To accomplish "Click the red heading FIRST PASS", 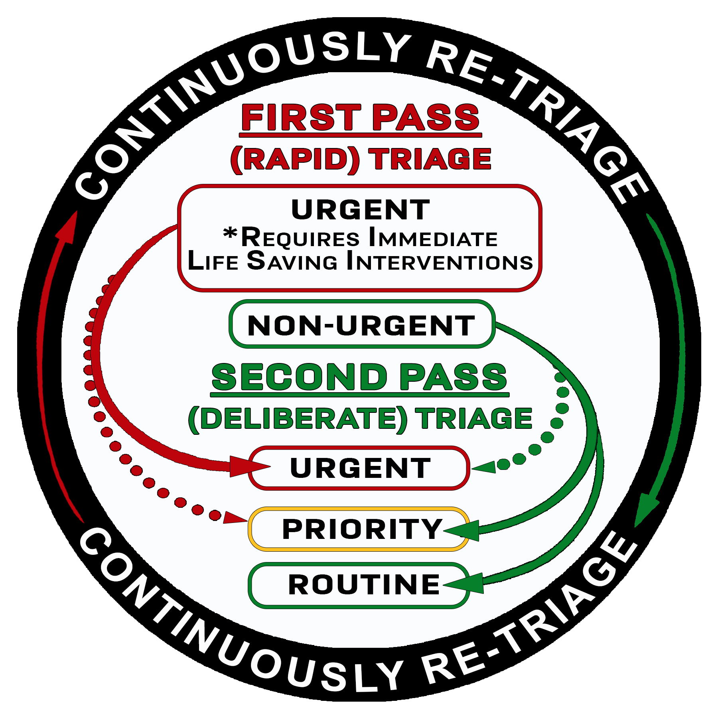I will coord(361,117).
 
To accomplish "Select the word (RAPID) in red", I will coord(295,159).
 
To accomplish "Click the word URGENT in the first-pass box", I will coord(361,210).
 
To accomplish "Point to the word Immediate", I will coord(433,238).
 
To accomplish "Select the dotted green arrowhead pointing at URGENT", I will coord(484,467).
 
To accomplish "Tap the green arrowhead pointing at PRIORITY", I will coord(463,531).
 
